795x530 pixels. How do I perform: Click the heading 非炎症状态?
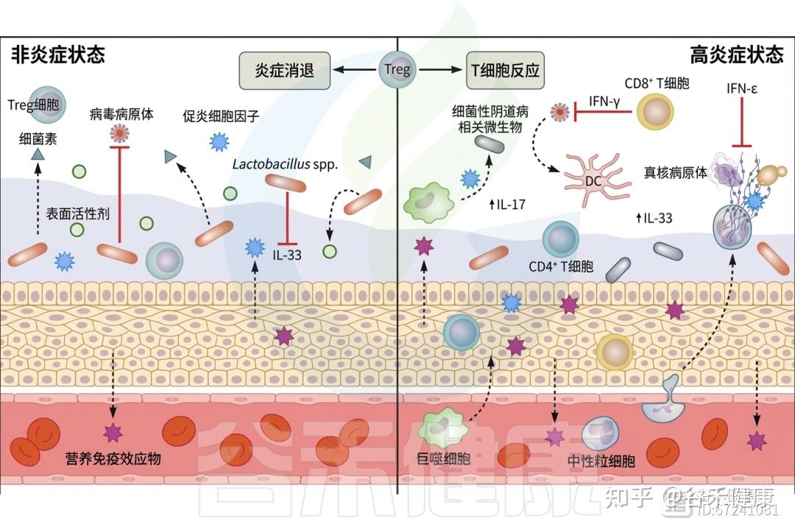pos(57,54)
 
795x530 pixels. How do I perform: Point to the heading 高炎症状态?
pos(736,54)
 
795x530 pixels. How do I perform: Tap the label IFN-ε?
pos(741,89)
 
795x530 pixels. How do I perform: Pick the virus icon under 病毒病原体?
pos(119,133)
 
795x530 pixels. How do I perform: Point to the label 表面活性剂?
pos(78,214)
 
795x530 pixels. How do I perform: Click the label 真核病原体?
pos(675,172)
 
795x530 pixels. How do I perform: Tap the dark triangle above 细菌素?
pos(37,154)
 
